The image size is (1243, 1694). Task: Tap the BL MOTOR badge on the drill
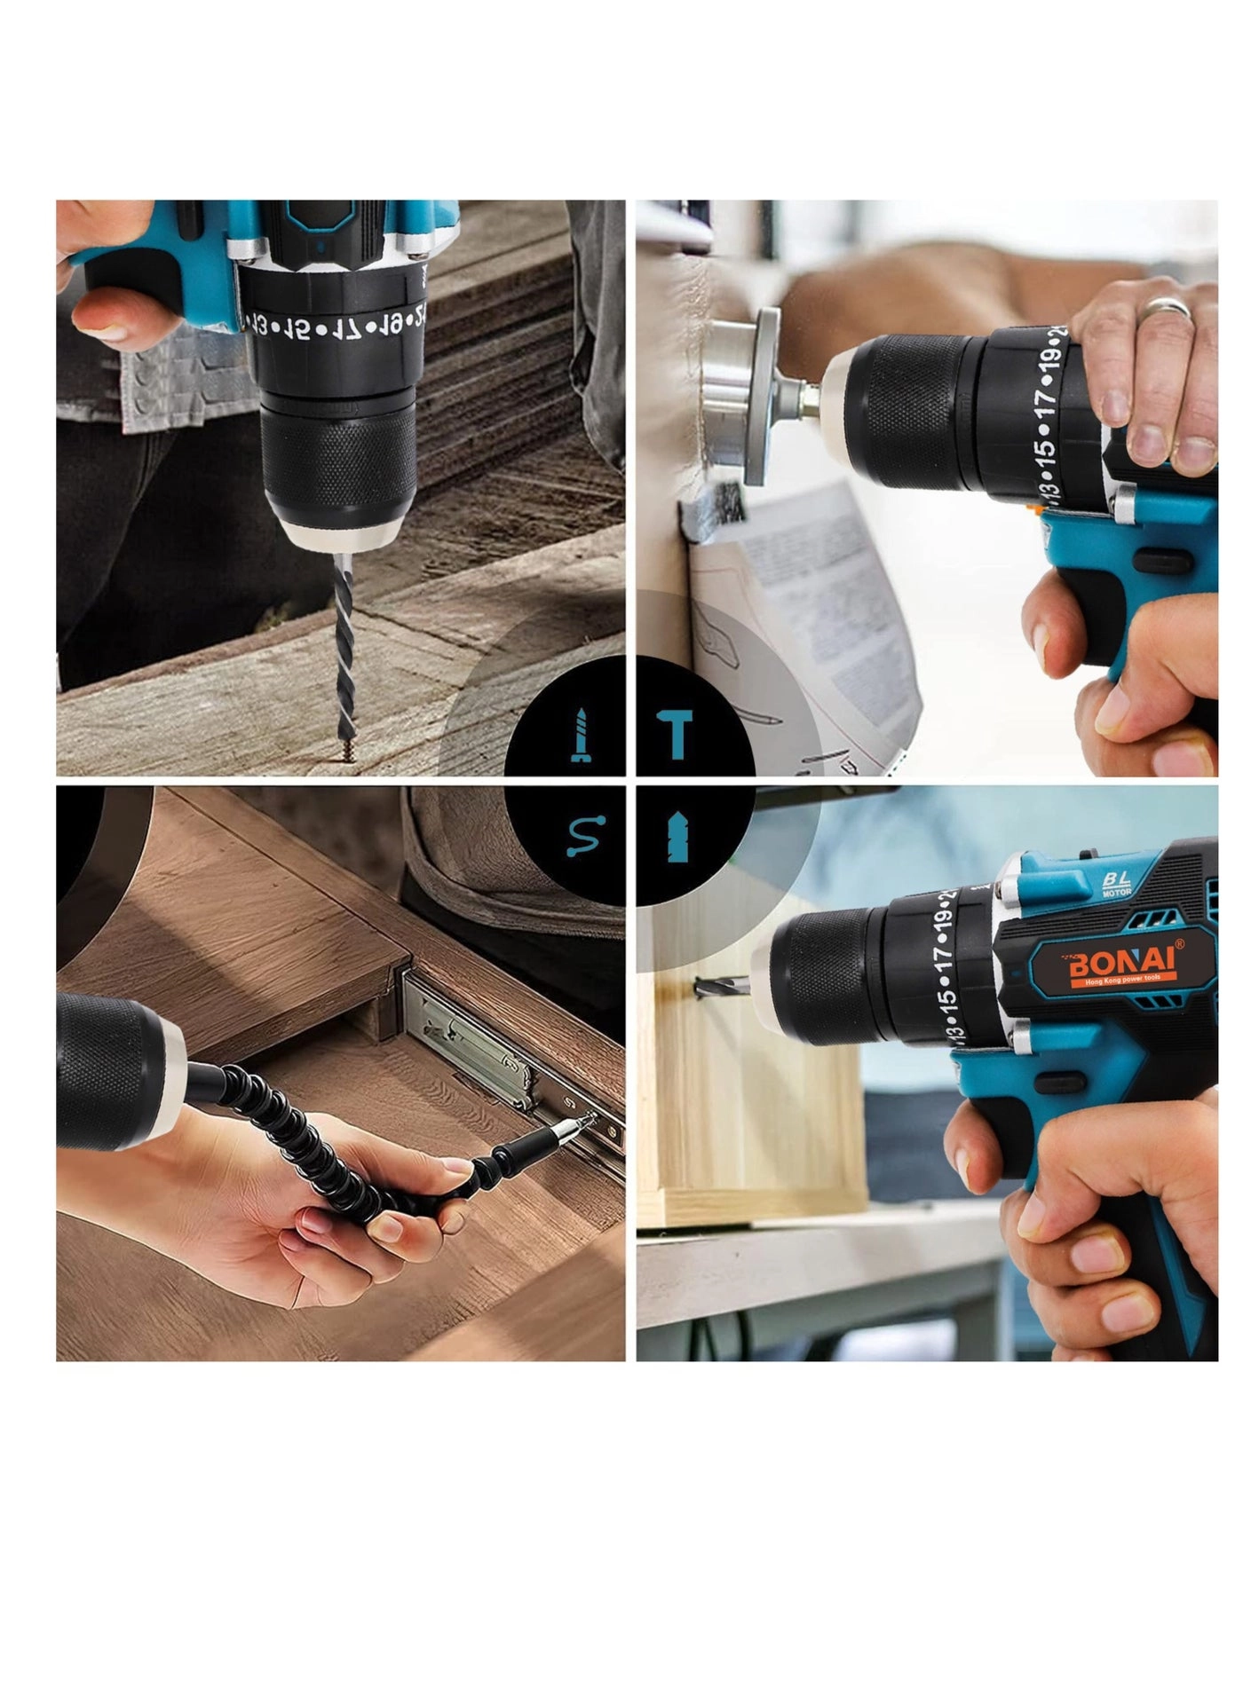(x=1116, y=882)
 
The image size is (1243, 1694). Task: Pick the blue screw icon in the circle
(x=581, y=736)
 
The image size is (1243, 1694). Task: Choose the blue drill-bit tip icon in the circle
(x=678, y=836)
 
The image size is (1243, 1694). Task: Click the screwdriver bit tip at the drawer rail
(x=586, y=1123)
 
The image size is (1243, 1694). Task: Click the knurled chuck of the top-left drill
(x=338, y=461)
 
